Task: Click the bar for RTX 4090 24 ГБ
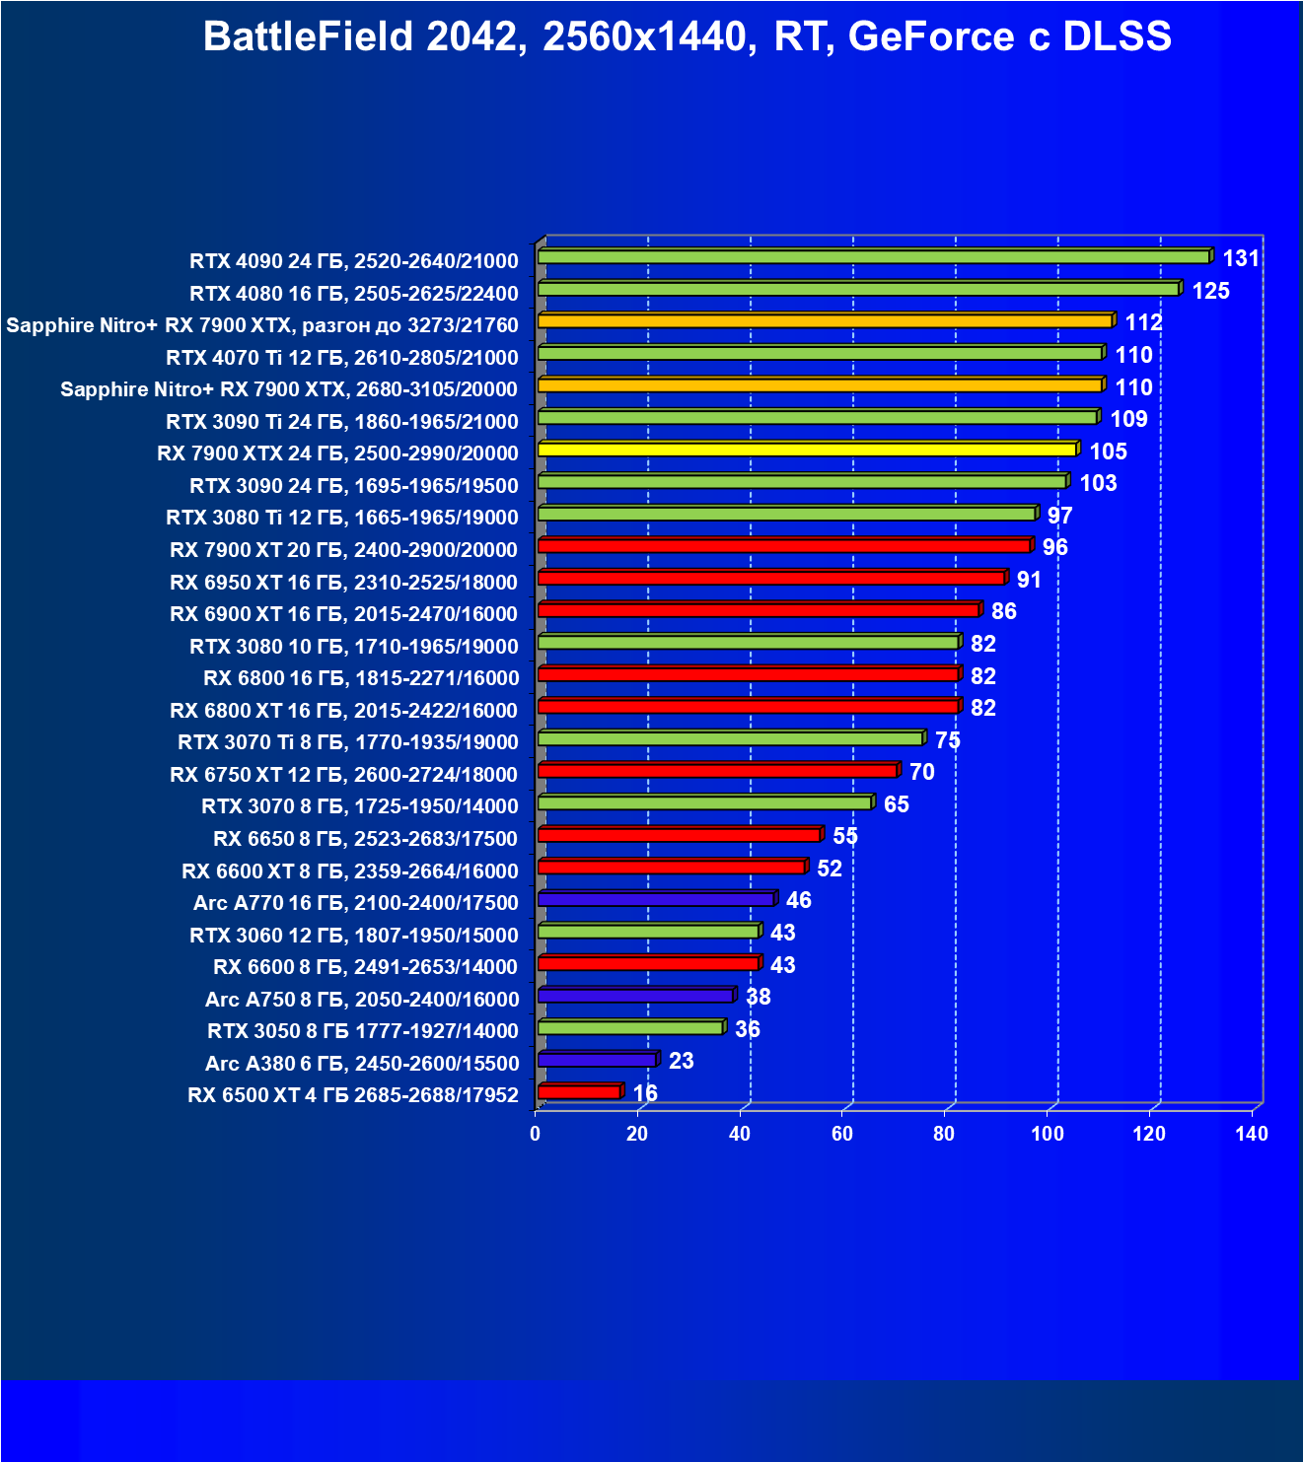[873, 257]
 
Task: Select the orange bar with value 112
[825, 321]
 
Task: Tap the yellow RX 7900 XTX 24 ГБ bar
[807, 450]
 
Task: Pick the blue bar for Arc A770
[656, 899]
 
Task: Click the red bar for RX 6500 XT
[579, 1092]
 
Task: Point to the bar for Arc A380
[597, 1060]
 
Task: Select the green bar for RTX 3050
[630, 1028]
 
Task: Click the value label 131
[1241, 258]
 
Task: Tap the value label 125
[1210, 291]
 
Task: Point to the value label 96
[1054, 547]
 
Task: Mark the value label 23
[681, 1061]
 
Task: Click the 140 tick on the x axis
[1252, 1134]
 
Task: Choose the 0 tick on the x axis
[536, 1134]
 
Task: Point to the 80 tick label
[944, 1134]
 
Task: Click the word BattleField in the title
[309, 37]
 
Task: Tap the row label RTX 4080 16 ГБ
[353, 294]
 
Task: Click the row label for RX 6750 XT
[343, 775]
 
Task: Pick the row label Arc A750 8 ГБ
[361, 1000]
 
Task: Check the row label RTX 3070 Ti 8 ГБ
[347, 742]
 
